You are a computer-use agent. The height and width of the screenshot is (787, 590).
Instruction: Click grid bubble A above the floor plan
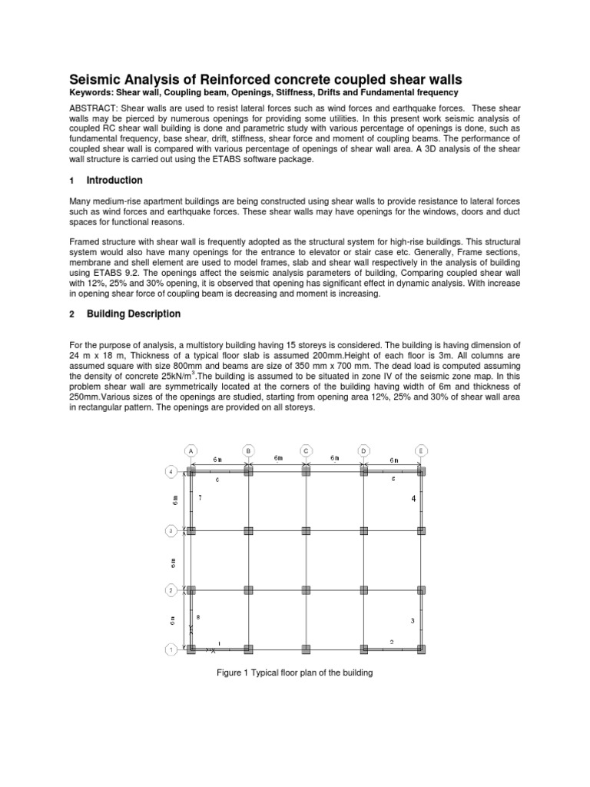pos(190,450)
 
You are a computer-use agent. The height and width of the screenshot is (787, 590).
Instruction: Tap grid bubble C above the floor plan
pos(306,450)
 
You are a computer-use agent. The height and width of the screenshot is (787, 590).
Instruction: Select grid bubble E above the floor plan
pos(421,450)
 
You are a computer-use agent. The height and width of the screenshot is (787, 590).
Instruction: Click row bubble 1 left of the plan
pos(171,649)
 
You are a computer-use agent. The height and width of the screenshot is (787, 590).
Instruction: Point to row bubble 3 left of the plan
pos(171,530)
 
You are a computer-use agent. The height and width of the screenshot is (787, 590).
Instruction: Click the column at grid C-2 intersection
pos(306,590)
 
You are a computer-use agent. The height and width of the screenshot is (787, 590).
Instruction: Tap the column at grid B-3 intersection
pos(248,530)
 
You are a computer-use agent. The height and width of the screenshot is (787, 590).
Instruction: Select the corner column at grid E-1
pos(421,649)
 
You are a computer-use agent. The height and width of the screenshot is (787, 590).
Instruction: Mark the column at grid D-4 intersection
pos(363,471)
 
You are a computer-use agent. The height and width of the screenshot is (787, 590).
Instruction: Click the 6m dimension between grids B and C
pos(277,459)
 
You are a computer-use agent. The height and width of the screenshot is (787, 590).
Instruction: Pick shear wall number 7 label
pos(200,499)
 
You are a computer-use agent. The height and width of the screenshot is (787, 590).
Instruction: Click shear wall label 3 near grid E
pos(413,620)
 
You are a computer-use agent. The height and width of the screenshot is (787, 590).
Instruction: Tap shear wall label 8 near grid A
pos(198,617)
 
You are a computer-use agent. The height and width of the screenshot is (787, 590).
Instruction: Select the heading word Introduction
pos(114,180)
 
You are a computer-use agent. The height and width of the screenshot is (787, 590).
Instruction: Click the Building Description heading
pos(134,314)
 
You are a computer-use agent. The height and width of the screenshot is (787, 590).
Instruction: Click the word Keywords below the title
pos(91,93)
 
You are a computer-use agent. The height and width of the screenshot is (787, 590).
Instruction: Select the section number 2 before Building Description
pos(71,314)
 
